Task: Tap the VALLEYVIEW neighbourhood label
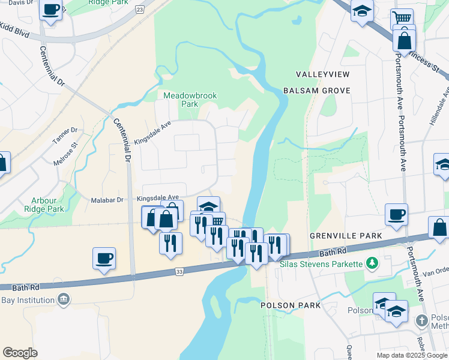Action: tap(322, 74)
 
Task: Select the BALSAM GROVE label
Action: tap(316, 91)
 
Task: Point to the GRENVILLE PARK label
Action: tap(346, 236)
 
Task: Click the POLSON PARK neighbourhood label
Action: tap(291, 305)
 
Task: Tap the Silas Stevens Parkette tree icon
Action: tap(372, 263)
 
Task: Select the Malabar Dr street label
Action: tap(107, 200)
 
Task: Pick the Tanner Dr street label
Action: tap(65, 135)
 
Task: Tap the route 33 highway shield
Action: tap(179, 272)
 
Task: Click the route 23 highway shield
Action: tap(140, 10)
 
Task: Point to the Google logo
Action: tap(20, 353)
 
